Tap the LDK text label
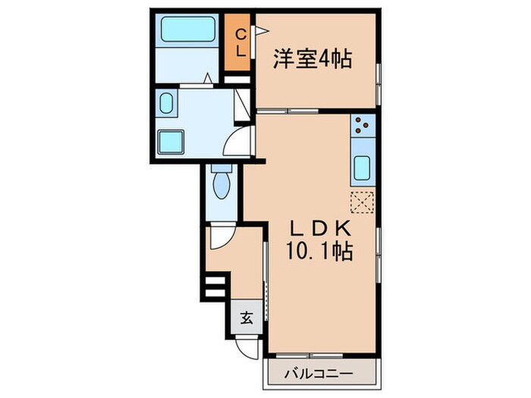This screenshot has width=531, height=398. click(318, 228)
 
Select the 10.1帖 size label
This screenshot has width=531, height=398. click(318, 251)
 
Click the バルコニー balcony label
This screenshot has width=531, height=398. click(319, 374)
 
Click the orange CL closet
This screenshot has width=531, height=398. click(239, 43)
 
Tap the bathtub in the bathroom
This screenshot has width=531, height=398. click(188, 30)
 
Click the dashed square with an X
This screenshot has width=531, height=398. click(363, 202)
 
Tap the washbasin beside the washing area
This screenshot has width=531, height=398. click(167, 104)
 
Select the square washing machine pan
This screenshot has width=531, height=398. click(171, 141)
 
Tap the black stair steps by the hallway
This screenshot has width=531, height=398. click(214, 288)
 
